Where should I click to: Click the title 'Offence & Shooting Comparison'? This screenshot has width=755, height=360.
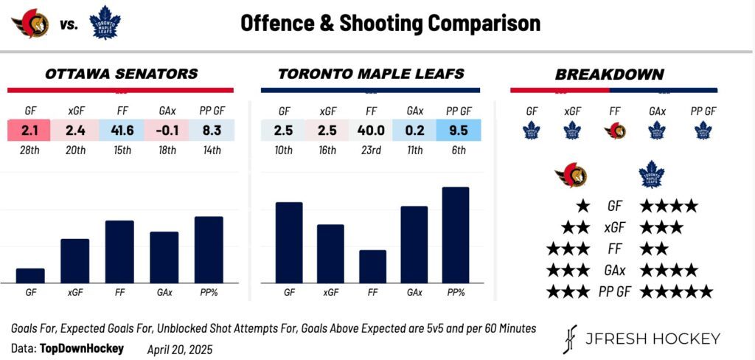click(390, 23)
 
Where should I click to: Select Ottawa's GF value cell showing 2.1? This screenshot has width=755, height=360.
click(29, 131)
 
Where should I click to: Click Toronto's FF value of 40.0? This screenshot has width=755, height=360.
click(371, 131)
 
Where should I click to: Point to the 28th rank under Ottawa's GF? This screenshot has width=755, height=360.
click(29, 150)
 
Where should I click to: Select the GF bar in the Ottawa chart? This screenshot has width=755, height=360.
click(30, 275)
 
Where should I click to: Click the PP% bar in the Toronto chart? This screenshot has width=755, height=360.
click(456, 235)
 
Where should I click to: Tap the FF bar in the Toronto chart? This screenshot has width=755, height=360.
click(372, 266)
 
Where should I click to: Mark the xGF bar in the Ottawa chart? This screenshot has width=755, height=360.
click(74, 260)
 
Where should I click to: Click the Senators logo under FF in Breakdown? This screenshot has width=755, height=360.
click(616, 131)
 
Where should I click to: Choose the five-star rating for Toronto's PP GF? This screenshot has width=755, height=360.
click(676, 291)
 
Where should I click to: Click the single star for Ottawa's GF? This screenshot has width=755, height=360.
click(583, 207)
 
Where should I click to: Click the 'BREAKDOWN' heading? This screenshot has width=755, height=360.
click(609, 75)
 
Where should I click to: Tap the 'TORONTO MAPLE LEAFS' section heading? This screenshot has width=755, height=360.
click(371, 75)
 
